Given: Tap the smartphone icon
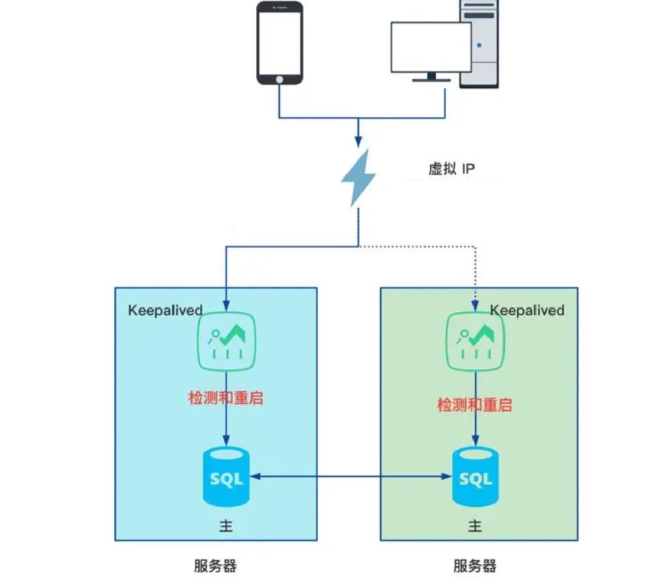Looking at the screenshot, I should click(x=279, y=43).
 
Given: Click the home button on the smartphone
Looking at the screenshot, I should click(x=279, y=79).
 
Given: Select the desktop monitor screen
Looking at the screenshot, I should click(x=431, y=47).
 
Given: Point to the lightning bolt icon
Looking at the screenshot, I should click(x=358, y=177).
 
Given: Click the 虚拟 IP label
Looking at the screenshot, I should click(x=451, y=169).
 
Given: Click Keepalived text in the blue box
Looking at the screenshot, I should click(x=165, y=310).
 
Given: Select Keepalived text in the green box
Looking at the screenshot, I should click(x=527, y=310).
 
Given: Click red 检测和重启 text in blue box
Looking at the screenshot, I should click(x=226, y=398).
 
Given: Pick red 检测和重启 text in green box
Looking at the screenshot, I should click(x=475, y=404).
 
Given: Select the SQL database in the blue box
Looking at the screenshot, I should click(x=226, y=477).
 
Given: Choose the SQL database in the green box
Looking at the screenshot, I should click(x=475, y=477).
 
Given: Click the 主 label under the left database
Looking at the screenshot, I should click(x=226, y=526).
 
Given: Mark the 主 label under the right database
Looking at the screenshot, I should click(x=475, y=526).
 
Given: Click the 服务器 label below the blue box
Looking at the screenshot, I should click(x=215, y=565).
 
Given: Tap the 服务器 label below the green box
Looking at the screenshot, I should click(x=475, y=565).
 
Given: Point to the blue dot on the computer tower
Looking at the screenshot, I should click(x=479, y=45).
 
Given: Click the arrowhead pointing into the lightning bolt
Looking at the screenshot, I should click(x=358, y=140).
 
